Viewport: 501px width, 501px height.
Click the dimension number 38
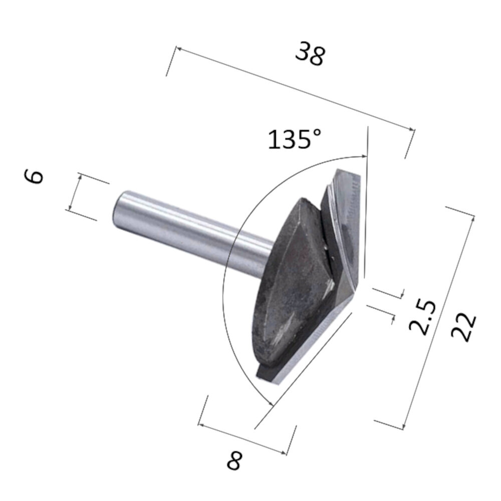[310, 54]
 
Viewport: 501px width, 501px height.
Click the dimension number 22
[463, 327]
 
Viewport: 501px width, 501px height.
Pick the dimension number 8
[234, 459]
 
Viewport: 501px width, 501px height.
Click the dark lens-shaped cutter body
[286, 281]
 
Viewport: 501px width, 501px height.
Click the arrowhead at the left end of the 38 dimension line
[177, 49]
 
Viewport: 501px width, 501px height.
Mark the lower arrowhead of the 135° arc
[271, 404]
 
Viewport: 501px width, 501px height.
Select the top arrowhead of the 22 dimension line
[472, 216]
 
